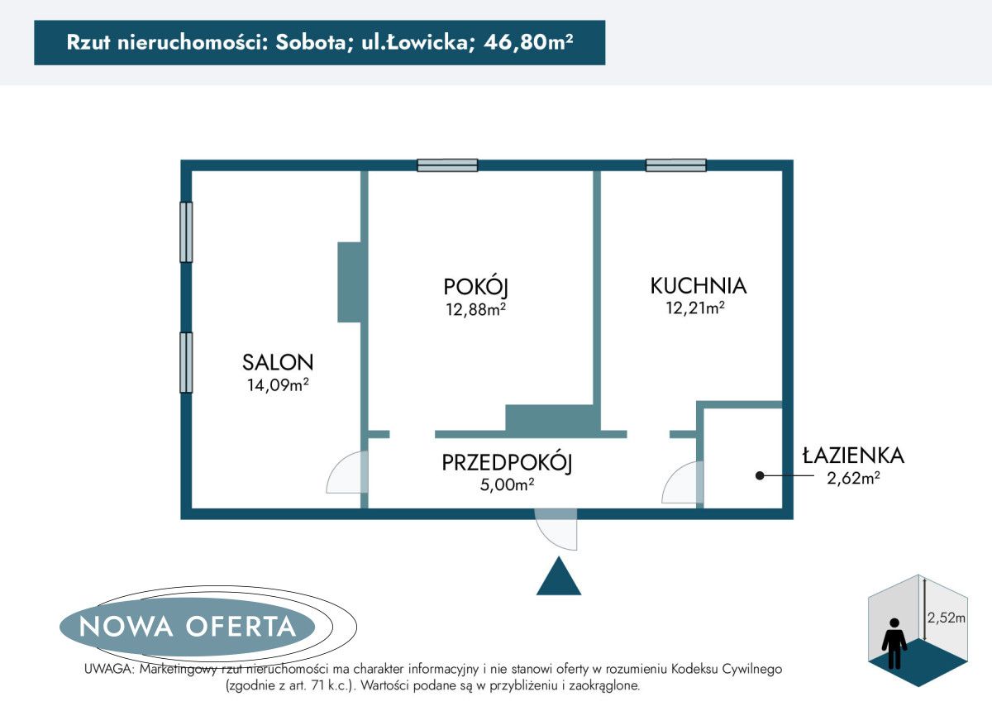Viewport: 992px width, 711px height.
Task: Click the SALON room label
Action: click(x=278, y=362)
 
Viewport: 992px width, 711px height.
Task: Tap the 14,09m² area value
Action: click(x=278, y=384)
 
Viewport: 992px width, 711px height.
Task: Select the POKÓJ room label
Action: click(x=475, y=287)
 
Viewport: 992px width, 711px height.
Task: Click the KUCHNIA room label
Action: click(x=699, y=286)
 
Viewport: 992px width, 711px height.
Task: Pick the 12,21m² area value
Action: click(x=696, y=308)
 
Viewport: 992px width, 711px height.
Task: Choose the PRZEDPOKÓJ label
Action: click(x=508, y=463)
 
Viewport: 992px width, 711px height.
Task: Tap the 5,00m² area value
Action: click(x=507, y=485)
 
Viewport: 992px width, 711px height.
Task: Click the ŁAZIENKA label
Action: click(x=854, y=456)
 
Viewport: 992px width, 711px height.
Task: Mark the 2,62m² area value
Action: click(x=853, y=477)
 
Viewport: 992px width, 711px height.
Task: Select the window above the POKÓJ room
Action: click(x=447, y=165)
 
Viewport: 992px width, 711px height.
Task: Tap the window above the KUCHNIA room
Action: click(x=676, y=165)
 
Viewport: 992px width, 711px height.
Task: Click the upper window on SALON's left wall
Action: click(x=186, y=232)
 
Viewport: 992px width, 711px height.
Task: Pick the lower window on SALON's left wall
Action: click(x=186, y=362)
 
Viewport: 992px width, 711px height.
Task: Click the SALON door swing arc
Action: click(x=346, y=475)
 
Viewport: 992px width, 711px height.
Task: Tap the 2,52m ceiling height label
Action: click(x=947, y=618)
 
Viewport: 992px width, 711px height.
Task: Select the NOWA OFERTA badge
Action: click(x=188, y=626)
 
